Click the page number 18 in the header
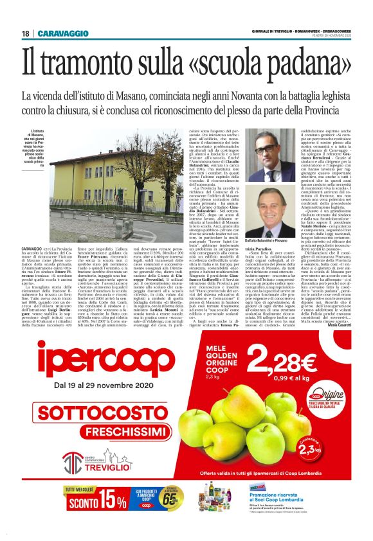25,33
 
